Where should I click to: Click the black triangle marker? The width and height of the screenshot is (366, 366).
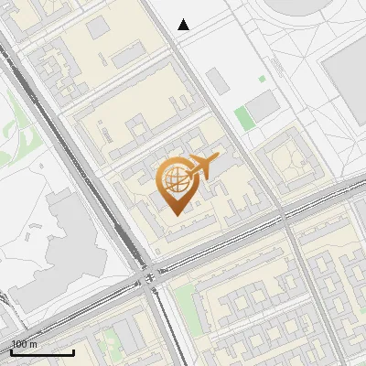tap(184, 25)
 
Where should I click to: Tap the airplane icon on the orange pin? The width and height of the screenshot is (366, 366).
tap(202, 167)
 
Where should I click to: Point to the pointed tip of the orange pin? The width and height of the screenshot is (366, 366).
tap(175, 214)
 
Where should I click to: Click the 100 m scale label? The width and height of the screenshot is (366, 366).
tap(24, 344)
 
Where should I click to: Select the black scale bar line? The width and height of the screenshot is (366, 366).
tap(42, 352)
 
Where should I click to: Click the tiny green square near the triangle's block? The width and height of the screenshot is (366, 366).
tap(262, 80)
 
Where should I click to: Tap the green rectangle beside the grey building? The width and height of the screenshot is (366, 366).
tap(242, 117)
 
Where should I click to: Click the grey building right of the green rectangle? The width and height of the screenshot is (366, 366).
tap(264, 107)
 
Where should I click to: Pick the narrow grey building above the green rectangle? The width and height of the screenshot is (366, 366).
tap(221, 80)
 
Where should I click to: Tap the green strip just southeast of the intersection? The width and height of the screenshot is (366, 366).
tap(184, 302)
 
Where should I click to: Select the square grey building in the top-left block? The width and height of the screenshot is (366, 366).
tap(98, 27)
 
